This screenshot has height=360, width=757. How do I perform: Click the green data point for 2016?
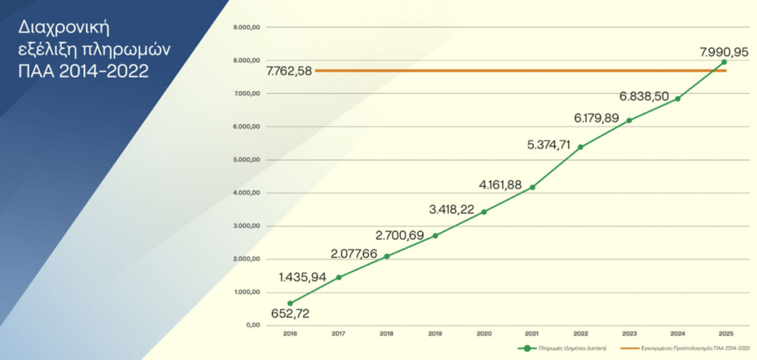point(291,303)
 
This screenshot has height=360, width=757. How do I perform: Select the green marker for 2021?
point(532,187)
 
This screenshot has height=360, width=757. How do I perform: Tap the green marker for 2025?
point(724,62)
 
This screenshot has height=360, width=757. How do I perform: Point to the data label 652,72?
point(290,313)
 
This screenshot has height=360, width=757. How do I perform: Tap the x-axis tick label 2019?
point(435,334)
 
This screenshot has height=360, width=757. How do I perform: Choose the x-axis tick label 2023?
point(629,334)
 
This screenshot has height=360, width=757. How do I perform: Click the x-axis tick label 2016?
point(291,334)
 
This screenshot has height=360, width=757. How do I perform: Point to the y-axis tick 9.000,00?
point(248,27)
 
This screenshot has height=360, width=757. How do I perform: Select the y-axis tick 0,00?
point(254,325)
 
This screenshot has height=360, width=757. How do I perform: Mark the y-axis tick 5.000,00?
point(248,160)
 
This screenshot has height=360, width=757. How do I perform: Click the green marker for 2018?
point(387,257)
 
